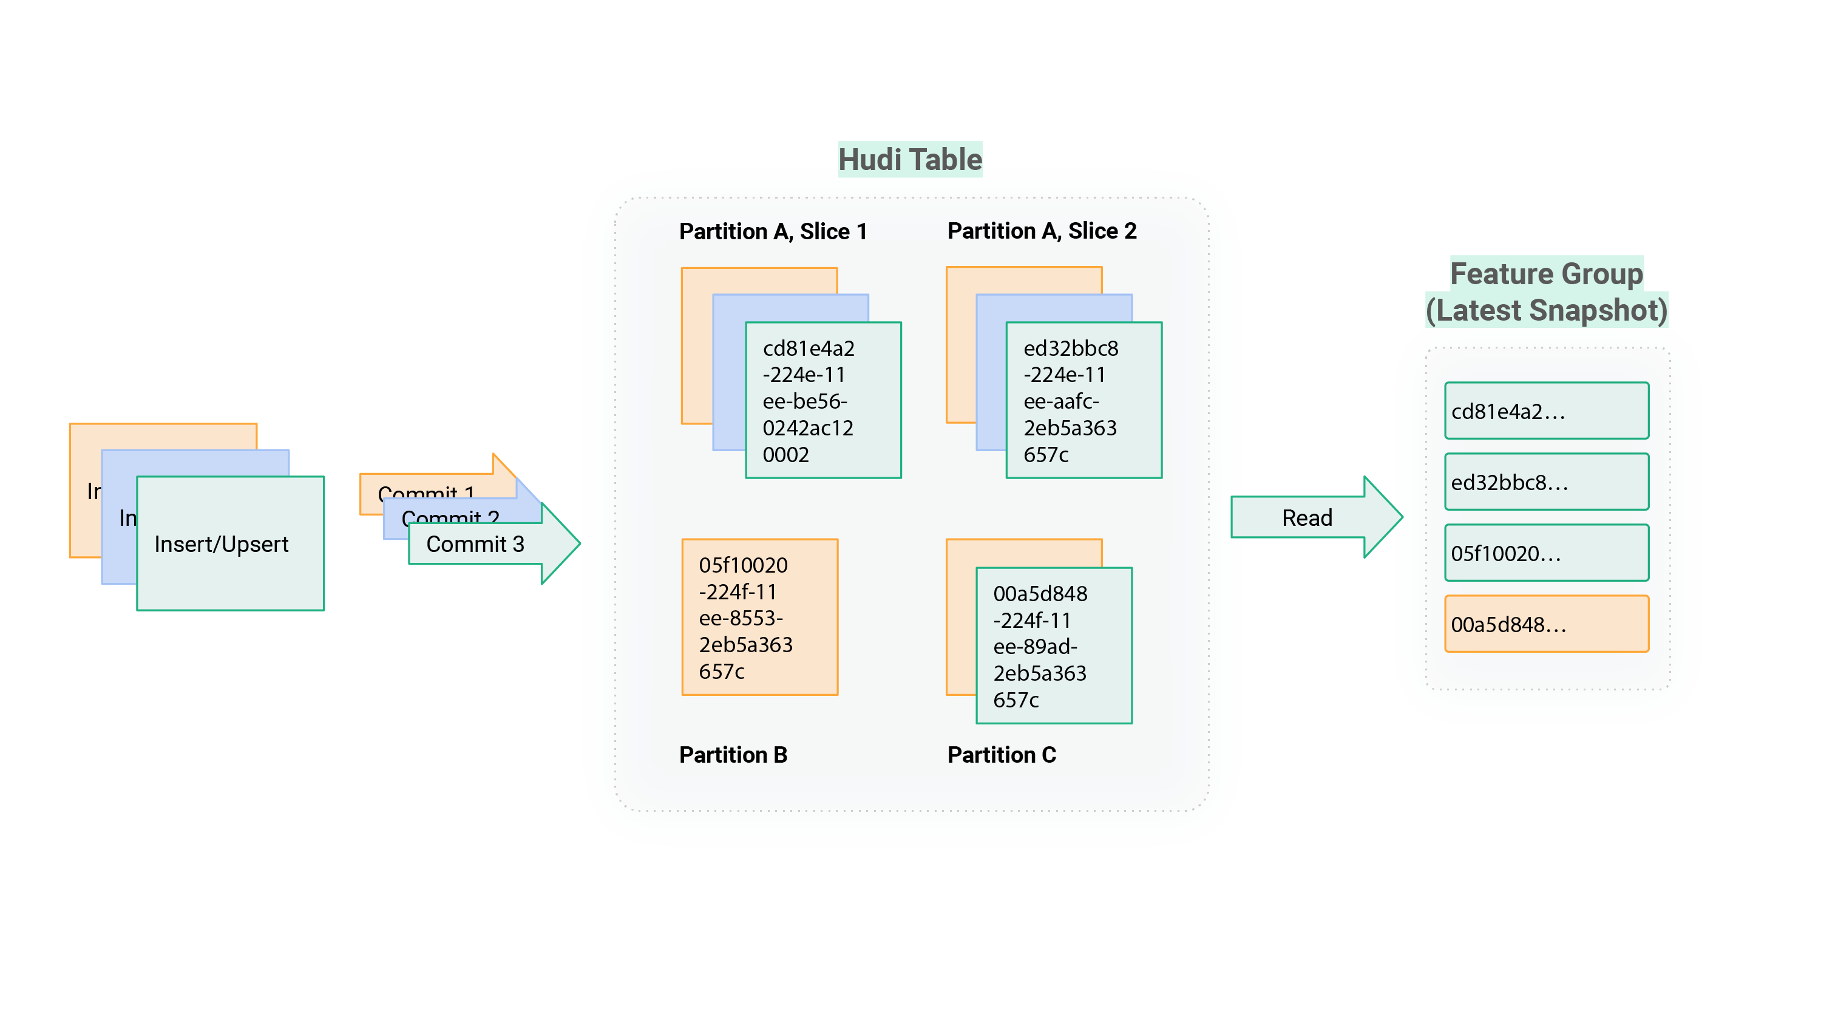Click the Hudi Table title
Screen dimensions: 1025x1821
(x=910, y=159)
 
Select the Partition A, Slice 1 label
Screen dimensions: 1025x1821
(x=773, y=231)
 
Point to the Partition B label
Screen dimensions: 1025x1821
(x=733, y=755)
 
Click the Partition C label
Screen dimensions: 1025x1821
(x=1001, y=755)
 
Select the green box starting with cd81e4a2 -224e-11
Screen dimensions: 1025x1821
(x=823, y=400)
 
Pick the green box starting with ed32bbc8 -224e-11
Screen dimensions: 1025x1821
(x=1083, y=400)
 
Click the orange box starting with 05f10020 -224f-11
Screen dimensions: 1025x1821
(x=759, y=617)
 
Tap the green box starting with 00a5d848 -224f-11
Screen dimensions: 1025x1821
(x=1053, y=645)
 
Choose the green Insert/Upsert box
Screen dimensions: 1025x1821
(x=229, y=543)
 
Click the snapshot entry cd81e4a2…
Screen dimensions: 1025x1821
(x=1546, y=411)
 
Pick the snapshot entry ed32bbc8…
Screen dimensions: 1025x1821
(x=1546, y=482)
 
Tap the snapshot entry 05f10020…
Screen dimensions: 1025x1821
(x=1546, y=553)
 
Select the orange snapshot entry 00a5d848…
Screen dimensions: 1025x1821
(x=1546, y=624)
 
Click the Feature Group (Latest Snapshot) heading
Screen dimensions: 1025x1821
(x=1546, y=291)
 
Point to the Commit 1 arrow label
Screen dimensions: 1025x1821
(x=426, y=489)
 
